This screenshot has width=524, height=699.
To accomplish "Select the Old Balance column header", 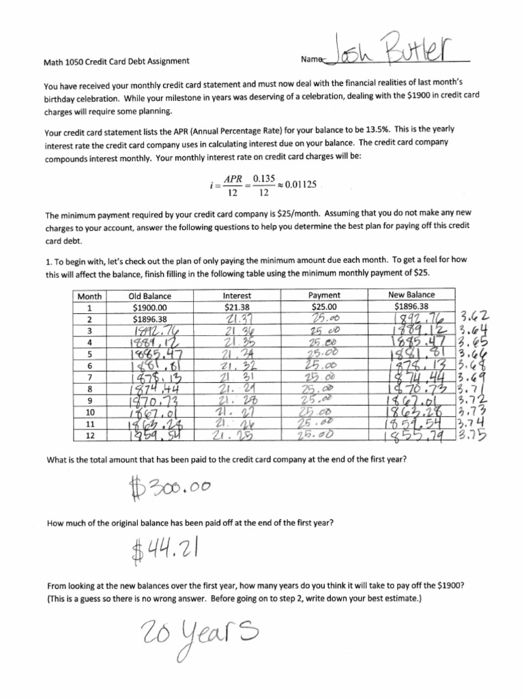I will (149, 296).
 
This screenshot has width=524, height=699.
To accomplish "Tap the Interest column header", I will (237, 296).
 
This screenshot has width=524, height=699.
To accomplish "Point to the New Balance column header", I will (411, 295).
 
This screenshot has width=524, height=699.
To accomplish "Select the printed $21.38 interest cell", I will (237, 307).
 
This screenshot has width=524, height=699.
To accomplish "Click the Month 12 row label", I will (89, 435).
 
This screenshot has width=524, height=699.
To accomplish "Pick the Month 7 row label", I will (89, 377).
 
